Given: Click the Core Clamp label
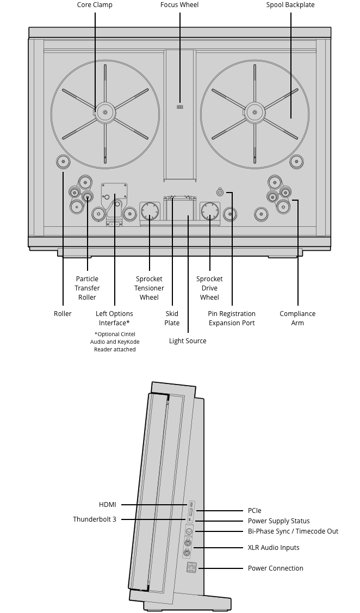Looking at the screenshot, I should coord(95,5).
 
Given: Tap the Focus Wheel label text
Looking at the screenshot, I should coord(179,5).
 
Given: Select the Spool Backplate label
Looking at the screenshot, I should coord(290,5).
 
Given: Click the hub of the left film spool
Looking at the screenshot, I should coord(105,113).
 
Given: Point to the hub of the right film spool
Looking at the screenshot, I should coord(255,113).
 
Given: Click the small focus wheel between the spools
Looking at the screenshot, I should coord(179,107).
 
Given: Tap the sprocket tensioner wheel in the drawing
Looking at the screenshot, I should coord(150,210).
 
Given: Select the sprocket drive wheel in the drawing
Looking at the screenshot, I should coord(209,210).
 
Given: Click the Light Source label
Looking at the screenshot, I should coord(188,341).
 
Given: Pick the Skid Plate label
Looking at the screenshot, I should coord(172,318).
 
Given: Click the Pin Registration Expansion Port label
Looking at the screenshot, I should coord(232,318).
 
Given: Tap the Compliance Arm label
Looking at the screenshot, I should coord(297,318).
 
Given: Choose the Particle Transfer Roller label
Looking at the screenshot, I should coord(87,288).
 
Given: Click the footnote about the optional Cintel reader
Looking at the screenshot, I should coord(115,342).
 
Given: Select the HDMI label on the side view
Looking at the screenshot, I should coord(108,505).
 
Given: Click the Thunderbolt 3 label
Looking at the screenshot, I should coord(95,519).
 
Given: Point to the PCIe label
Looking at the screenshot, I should coord(255,511).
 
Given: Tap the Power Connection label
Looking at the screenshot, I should coord(275,568).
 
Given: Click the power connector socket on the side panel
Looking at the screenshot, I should coord(191,568).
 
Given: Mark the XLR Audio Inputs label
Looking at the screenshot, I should coord(274,548).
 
